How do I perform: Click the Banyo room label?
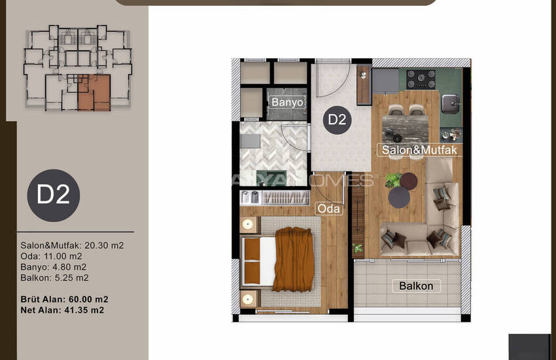(x=287, y=102)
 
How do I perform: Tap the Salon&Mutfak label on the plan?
(x=419, y=150)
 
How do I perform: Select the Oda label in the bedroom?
(x=329, y=209)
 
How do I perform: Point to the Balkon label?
(x=416, y=286)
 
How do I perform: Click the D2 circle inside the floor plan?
(x=337, y=120)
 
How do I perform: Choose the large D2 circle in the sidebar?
(x=54, y=196)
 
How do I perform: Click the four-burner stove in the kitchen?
(x=421, y=79)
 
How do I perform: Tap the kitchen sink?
(x=451, y=104)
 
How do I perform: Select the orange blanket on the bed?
(x=294, y=259)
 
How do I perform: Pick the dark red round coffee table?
(x=408, y=181)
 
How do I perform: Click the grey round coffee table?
(x=399, y=198)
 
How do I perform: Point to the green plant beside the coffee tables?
(x=392, y=180)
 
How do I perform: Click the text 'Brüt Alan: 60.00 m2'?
(x=64, y=299)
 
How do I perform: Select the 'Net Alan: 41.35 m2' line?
(x=62, y=310)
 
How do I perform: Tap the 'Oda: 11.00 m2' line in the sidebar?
(x=51, y=256)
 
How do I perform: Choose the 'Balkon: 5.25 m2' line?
(x=54, y=278)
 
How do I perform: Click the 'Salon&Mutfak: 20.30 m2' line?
(x=72, y=245)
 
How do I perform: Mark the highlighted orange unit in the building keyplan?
(x=94, y=93)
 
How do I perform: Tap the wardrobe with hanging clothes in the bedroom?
(x=275, y=198)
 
